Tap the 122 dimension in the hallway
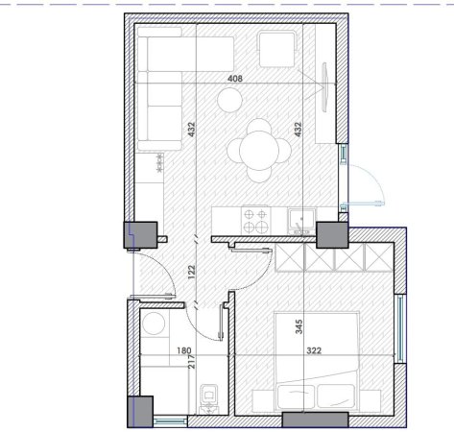coord(191,272)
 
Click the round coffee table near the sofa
coord(229,98)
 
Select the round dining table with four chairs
coord(260,148)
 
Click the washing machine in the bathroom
coord(155,326)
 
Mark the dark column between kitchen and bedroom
coord(331,234)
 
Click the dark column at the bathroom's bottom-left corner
coord(142,410)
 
